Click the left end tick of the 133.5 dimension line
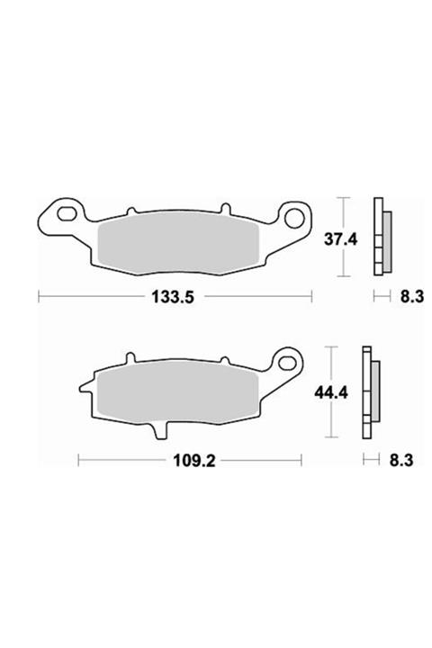click(38, 294)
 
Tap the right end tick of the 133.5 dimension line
click(310, 294)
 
